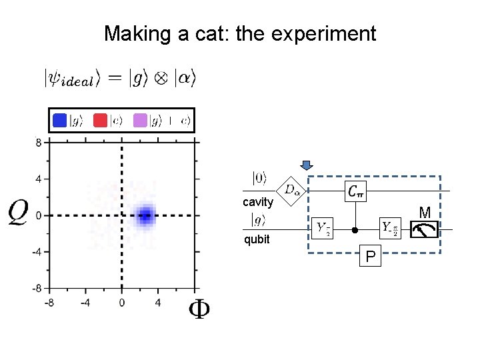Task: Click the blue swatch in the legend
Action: [60, 121]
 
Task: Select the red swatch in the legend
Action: [100, 121]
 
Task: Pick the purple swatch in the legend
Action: [140, 121]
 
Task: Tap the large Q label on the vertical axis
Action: [19, 213]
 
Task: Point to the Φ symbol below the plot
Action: [198, 309]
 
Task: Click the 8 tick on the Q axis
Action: [39, 143]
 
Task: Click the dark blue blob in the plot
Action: [145, 215]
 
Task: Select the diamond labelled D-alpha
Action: [291, 191]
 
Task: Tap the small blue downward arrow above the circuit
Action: [307, 166]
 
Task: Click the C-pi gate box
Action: [355, 191]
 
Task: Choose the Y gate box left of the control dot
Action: [324, 229]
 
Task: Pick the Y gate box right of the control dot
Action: [390, 229]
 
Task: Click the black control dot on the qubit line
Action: [355, 230]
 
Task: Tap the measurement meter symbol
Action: [424, 229]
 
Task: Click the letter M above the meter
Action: [424, 213]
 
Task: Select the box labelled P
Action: [369, 256]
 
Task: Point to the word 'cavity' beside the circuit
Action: [257, 202]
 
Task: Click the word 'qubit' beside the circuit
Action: [257, 239]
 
